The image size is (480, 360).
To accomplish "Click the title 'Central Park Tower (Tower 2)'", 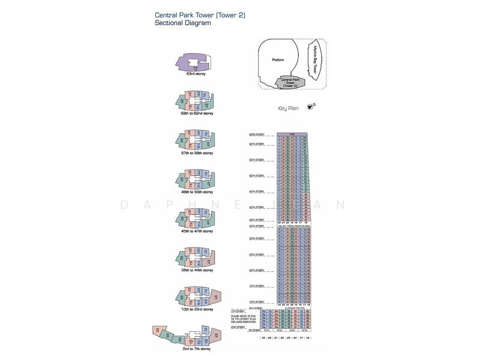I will [x=191, y=15].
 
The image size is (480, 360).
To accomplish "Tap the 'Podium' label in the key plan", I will [x=278, y=59].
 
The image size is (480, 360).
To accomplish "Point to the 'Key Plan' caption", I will [x=289, y=109].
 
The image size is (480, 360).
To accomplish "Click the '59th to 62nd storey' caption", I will [x=192, y=113].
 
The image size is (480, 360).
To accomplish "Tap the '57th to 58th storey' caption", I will [x=192, y=153].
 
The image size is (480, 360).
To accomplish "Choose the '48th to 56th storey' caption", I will [x=192, y=192].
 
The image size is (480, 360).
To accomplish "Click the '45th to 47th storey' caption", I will [x=192, y=231].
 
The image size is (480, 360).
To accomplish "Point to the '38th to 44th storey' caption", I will [x=192, y=270].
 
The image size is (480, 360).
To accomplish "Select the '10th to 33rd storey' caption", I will [x=192, y=310].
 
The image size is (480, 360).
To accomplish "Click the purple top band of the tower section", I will [x=292, y=134].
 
